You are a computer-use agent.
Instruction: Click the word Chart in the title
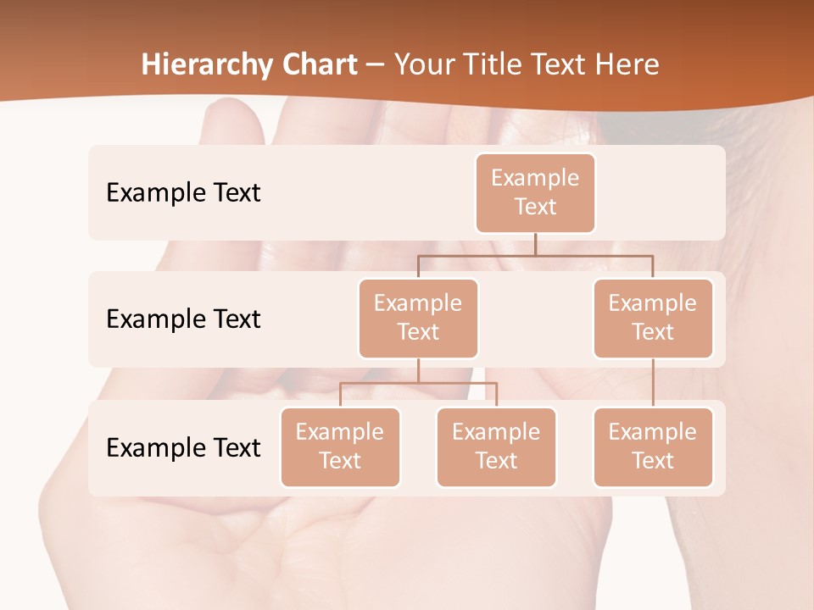[x=319, y=65]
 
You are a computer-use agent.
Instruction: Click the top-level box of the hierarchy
[x=535, y=192]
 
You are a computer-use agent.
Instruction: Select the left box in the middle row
[x=418, y=318]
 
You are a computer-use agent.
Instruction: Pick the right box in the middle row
[x=653, y=318]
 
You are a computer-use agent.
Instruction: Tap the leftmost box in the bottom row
[x=340, y=446]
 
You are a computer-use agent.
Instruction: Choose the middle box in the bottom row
[x=496, y=446]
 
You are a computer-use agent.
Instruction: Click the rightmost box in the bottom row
[x=653, y=446]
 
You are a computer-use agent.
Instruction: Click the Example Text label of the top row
[x=183, y=193]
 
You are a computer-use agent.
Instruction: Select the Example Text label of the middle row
[x=183, y=319]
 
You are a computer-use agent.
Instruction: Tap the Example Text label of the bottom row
[x=183, y=447]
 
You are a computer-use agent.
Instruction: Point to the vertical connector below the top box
[x=535, y=244]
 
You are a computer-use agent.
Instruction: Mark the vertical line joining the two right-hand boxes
[x=653, y=383]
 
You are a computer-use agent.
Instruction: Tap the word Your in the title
[x=422, y=65]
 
